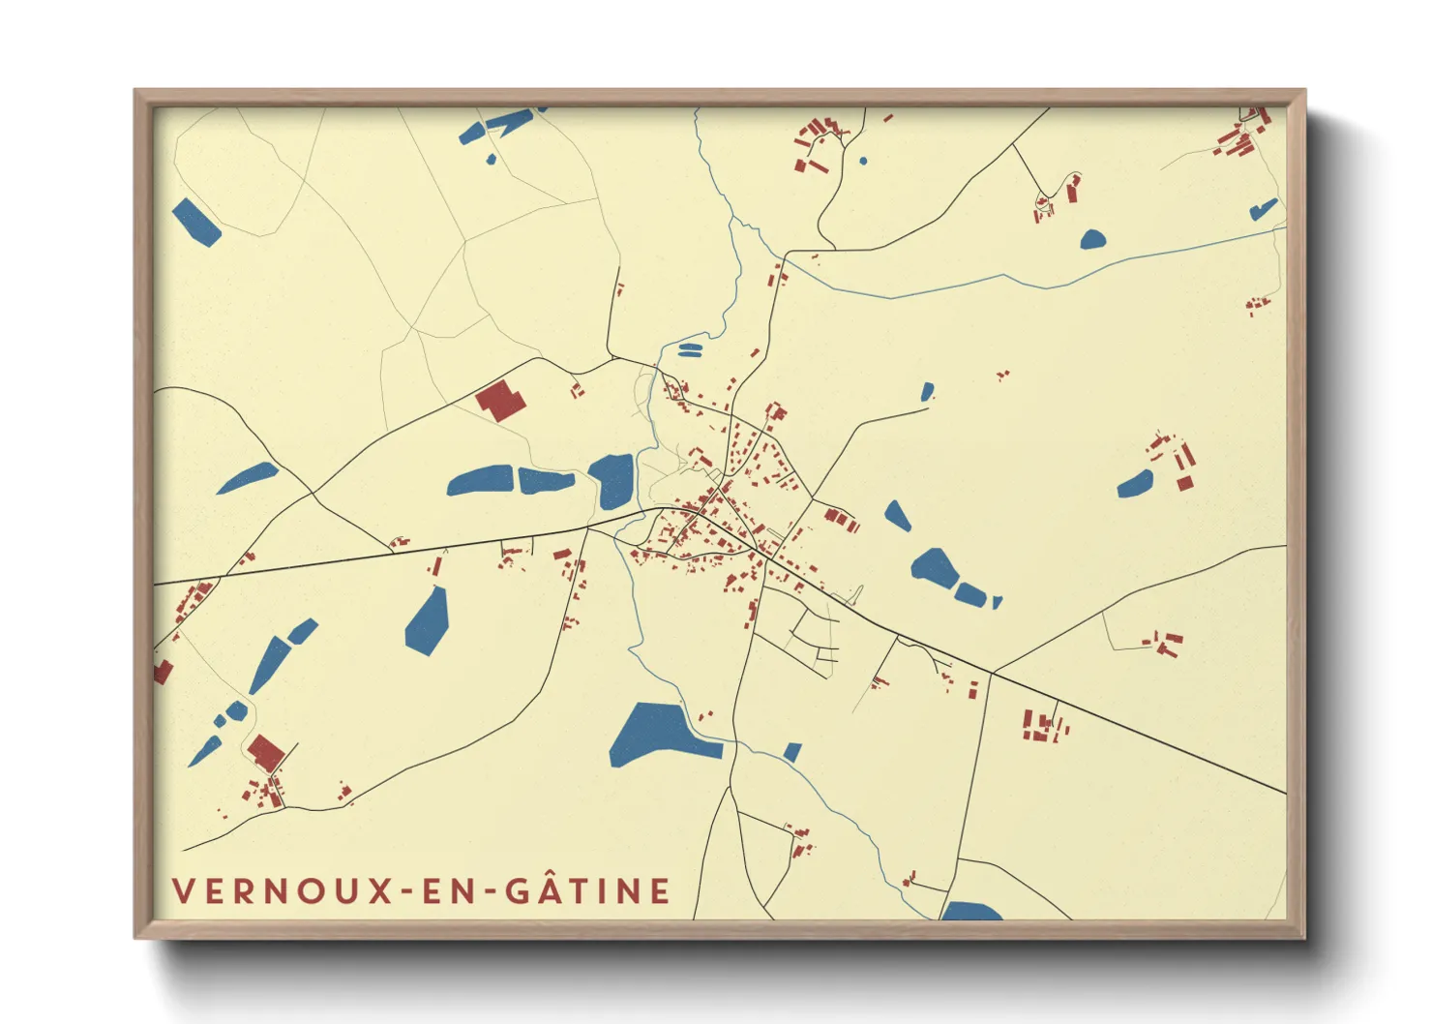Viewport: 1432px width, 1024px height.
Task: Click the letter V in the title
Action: click(184, 890)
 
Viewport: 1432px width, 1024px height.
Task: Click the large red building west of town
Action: click(500, 401)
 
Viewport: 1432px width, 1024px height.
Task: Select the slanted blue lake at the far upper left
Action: click(196, 223)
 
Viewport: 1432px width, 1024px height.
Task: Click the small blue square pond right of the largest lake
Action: click(792, 752)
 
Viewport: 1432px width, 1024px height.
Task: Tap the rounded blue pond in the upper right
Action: click(1092, 239)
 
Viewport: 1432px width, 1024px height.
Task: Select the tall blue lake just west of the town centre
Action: click(612, 480)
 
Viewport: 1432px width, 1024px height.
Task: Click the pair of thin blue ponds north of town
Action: click(689, 348)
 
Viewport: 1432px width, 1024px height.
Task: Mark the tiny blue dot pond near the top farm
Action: click(863, 161)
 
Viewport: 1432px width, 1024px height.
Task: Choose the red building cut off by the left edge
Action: click(162, 672)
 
